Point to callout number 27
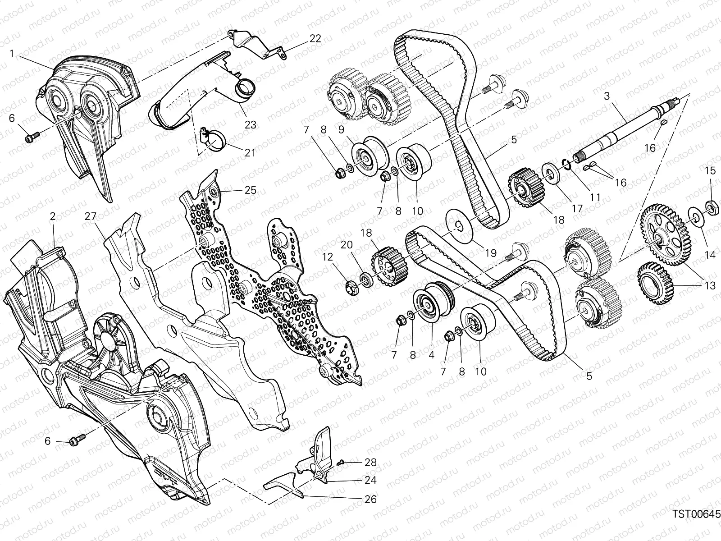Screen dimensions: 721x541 coord(90,216)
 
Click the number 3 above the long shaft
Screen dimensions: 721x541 coord(607,96)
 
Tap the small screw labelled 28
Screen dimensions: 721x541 coord(340,463)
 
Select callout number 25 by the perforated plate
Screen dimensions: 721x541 coord(250,190)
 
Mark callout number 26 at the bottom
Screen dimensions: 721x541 coord(370,499)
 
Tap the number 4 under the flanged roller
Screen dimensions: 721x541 coord(431,355)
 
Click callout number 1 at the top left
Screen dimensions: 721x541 coord(12,53)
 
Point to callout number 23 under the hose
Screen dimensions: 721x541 coord(250,124)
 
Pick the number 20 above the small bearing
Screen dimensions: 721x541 coord(347,245)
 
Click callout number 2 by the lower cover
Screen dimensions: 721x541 coord(53,216)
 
